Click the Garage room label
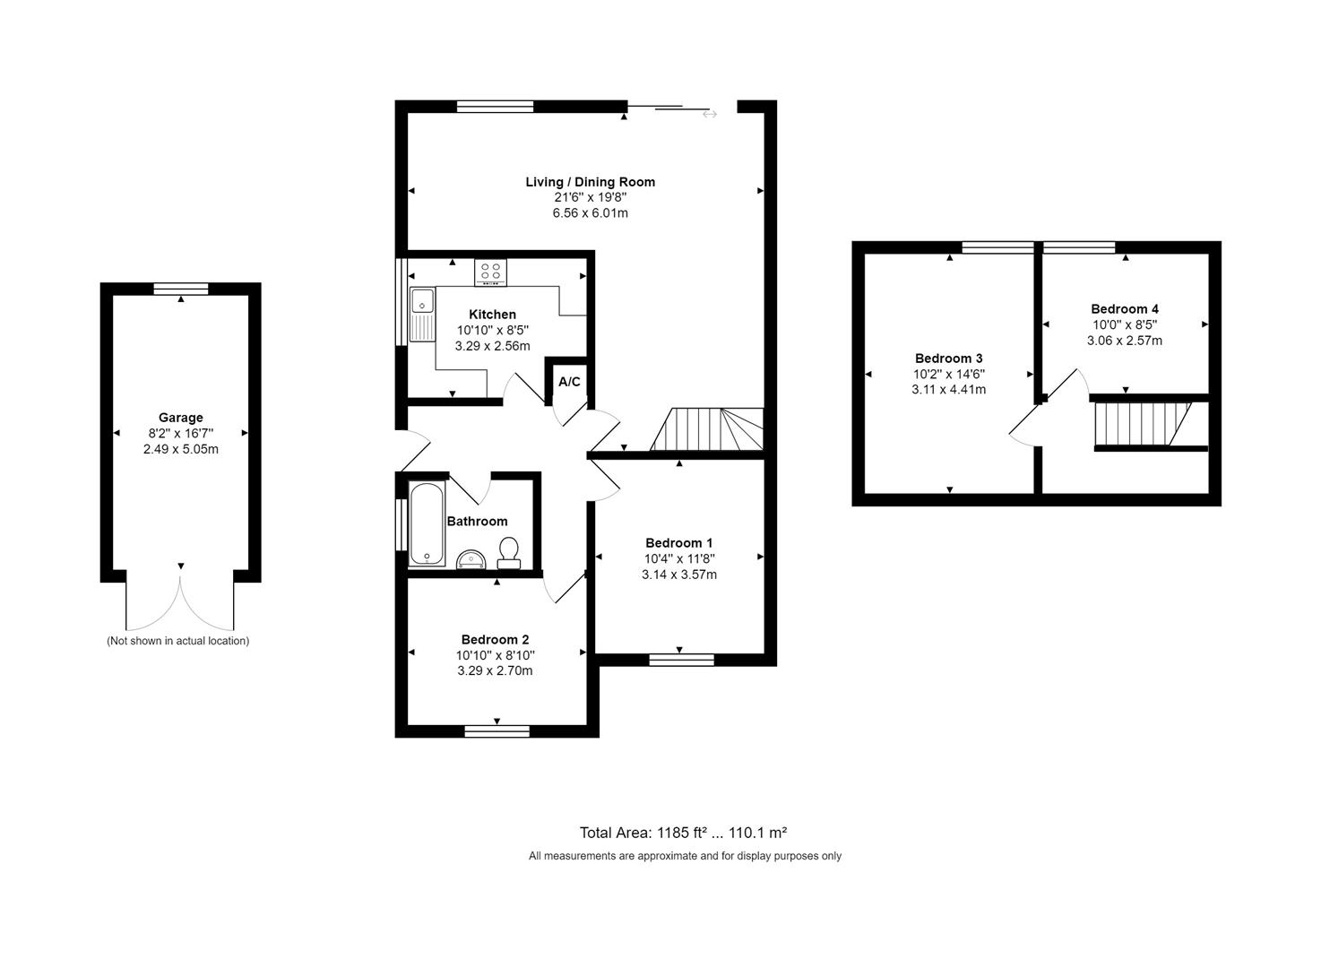[180, 418]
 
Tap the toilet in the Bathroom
[509, 553]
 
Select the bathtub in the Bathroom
[427, 524]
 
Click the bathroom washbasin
[471, 560]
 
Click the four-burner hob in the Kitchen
[490, 272]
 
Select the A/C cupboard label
[569, 382]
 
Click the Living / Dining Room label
[590, 182]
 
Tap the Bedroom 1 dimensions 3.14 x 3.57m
[678, 575]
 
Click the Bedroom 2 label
[495, 639]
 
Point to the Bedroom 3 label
[948, 359]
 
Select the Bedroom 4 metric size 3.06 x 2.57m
[1124, 341]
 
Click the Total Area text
[683, 832]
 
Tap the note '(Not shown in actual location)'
[177, 641]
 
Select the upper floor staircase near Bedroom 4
[1142, 424]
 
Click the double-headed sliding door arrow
[709, 114]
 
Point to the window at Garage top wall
[180, 289]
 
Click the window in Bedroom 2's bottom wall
[496, 731]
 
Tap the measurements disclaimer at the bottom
[685, 856]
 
